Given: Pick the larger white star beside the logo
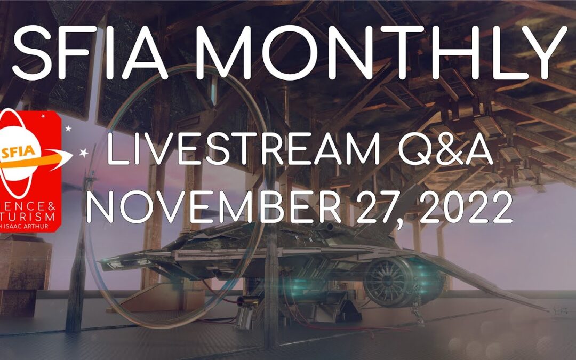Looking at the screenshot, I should point(84,154).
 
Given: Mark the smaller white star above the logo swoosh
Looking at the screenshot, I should point(68,129).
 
